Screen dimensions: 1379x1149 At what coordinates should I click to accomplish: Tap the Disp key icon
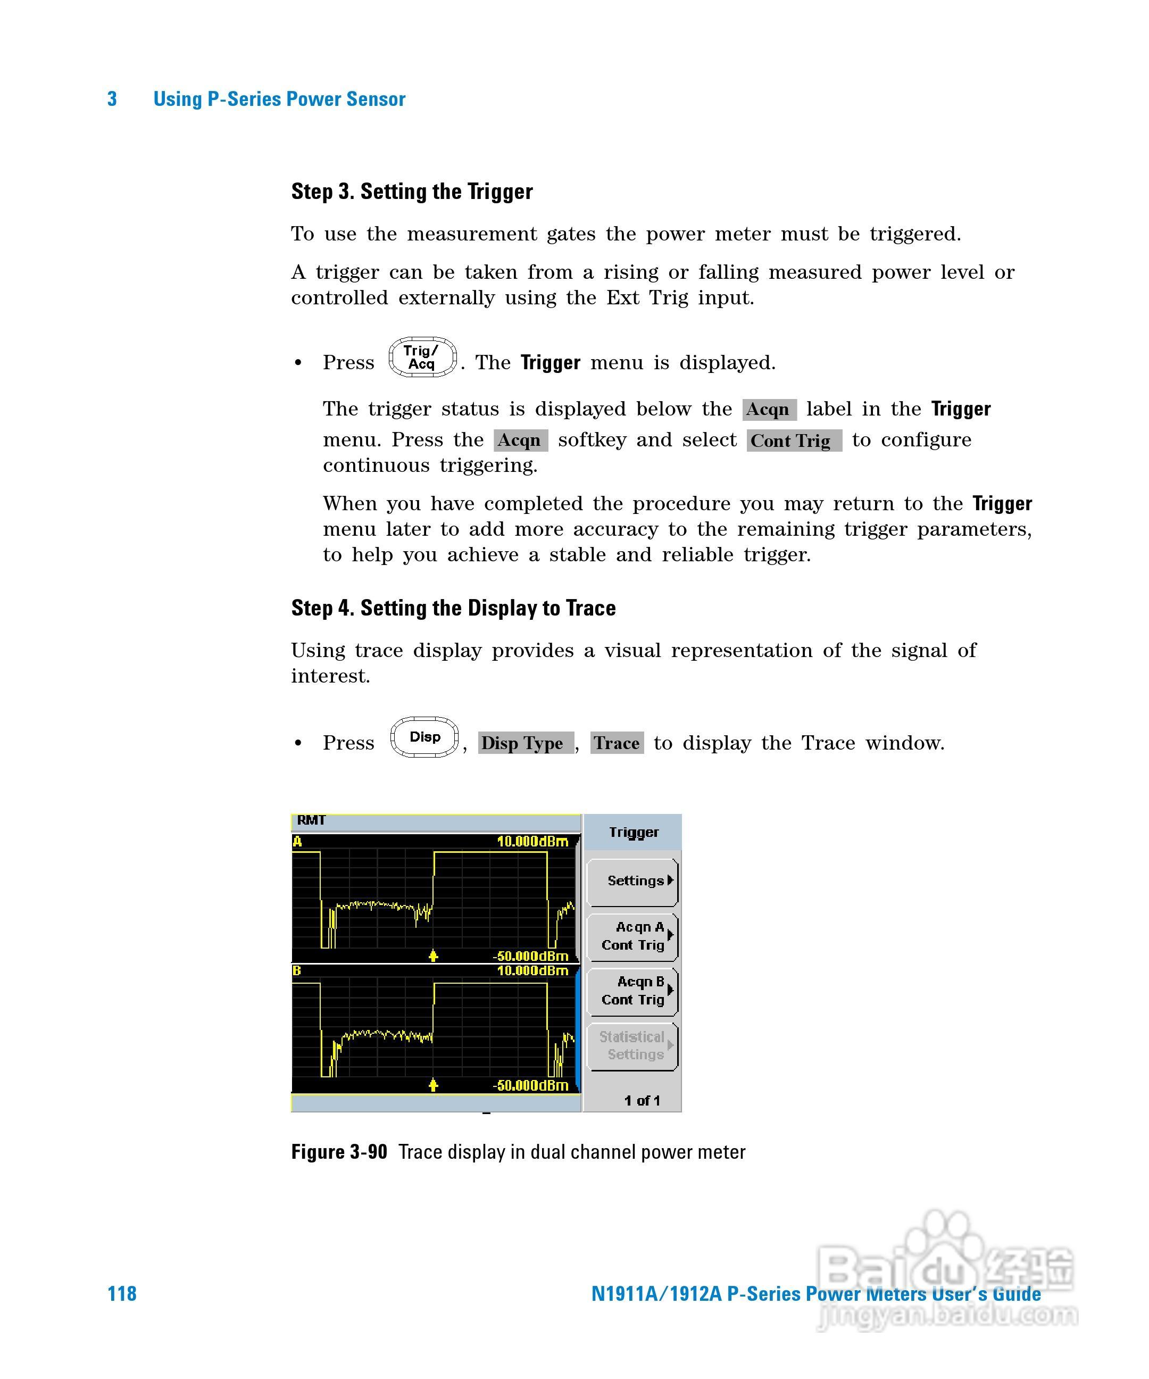pyautogui.click(x=424, y=737)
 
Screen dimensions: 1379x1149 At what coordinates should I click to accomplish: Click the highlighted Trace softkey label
pyautogui.click(x=617, y=743)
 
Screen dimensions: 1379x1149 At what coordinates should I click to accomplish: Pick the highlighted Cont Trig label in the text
pyautogui.click(x=793, y=441)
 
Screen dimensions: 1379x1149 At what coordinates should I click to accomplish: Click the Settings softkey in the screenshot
pyautogui.click(x=632, y=881)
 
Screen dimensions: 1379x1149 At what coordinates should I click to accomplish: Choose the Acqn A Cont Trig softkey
pyautogui.click(x=632, y=936)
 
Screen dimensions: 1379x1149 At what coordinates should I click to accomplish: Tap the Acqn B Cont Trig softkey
pyautogui.click(x=632, y=991)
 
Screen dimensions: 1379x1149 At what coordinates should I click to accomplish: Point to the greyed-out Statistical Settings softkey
pyautogui.click(x=632, y=1045)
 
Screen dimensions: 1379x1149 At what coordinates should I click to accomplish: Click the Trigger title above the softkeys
pyautogui.click(x=633, y=833)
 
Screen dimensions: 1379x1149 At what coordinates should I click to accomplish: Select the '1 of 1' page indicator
pyautogui.click(x=642, y=1101)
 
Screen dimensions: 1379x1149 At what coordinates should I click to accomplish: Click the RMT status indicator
pyautogui.click(x=311, y=820)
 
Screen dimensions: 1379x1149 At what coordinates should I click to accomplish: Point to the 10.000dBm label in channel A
pyautogui.click(x=532, y=841)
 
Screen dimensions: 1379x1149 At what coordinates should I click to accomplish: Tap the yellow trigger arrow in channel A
pyautogui.click(x=432, y=956)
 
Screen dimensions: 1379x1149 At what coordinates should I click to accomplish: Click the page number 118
pyautogui.click(x=122, y=1294)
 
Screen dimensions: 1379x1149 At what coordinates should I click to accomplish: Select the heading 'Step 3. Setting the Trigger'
pyautogui.click(x=412, y=192)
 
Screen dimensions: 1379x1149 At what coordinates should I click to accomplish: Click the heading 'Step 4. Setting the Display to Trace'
pyautogui.click(x=453, y=608)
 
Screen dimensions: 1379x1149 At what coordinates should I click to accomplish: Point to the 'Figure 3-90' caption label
pyautogui.click(x=339, y=1152)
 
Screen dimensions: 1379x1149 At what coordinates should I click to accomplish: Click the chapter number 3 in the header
pyautogui.click(x=112, y=99)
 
